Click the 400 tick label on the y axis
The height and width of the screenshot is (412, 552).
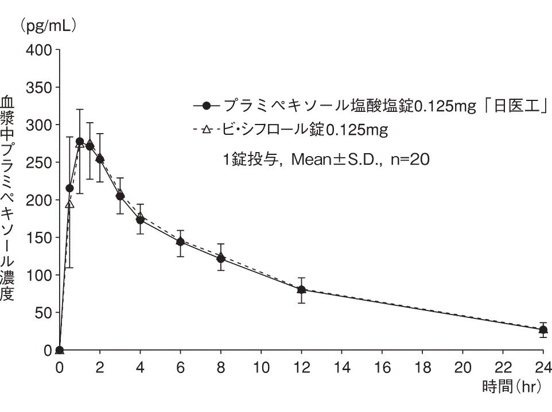(39, 50)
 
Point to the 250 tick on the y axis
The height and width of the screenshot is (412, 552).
(39, 162)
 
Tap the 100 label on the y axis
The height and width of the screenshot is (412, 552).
(39, 275)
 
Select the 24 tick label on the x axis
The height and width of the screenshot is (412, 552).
(543, 366)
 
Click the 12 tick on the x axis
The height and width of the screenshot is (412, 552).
(301, 366)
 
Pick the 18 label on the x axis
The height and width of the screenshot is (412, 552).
(422, 366)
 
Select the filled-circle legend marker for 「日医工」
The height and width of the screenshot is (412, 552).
(208, 106)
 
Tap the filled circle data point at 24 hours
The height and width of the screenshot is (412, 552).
(543, 330)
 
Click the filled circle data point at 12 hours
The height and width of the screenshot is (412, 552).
(301, 290)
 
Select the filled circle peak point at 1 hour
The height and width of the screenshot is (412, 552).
(80, 141)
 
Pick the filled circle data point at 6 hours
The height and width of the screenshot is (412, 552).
(180, 242)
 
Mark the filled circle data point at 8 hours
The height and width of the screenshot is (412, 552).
(220, 258)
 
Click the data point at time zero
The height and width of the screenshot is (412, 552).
(60, 350)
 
